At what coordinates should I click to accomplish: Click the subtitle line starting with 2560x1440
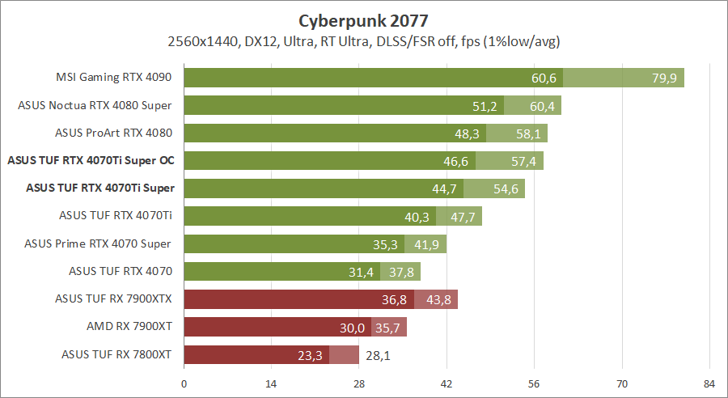364,40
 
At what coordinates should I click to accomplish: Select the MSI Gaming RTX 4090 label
114,78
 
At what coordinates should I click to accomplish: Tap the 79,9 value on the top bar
664,78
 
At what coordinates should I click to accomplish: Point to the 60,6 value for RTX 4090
544,78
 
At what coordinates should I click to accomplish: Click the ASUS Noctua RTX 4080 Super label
96,105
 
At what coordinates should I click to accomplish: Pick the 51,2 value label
485,105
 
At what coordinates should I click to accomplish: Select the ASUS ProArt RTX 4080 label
114,133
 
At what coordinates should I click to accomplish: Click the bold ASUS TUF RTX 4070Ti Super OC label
91,160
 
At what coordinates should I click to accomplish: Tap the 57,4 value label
524,161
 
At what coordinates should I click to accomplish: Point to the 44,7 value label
445,188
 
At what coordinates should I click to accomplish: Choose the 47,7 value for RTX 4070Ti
463,216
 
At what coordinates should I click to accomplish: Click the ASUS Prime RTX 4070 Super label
98,243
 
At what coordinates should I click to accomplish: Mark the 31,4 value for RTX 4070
362,271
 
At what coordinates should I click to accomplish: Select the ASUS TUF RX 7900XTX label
114,298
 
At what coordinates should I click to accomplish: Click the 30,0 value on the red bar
353,326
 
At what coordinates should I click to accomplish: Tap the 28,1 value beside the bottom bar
375,354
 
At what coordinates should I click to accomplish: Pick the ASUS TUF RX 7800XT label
116,354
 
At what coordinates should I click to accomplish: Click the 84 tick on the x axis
709,383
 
